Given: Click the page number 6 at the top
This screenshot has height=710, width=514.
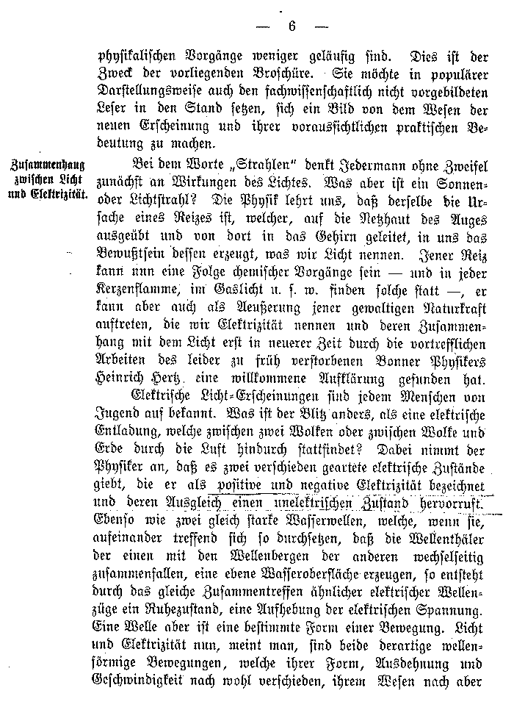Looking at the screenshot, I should pos(291,26).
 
